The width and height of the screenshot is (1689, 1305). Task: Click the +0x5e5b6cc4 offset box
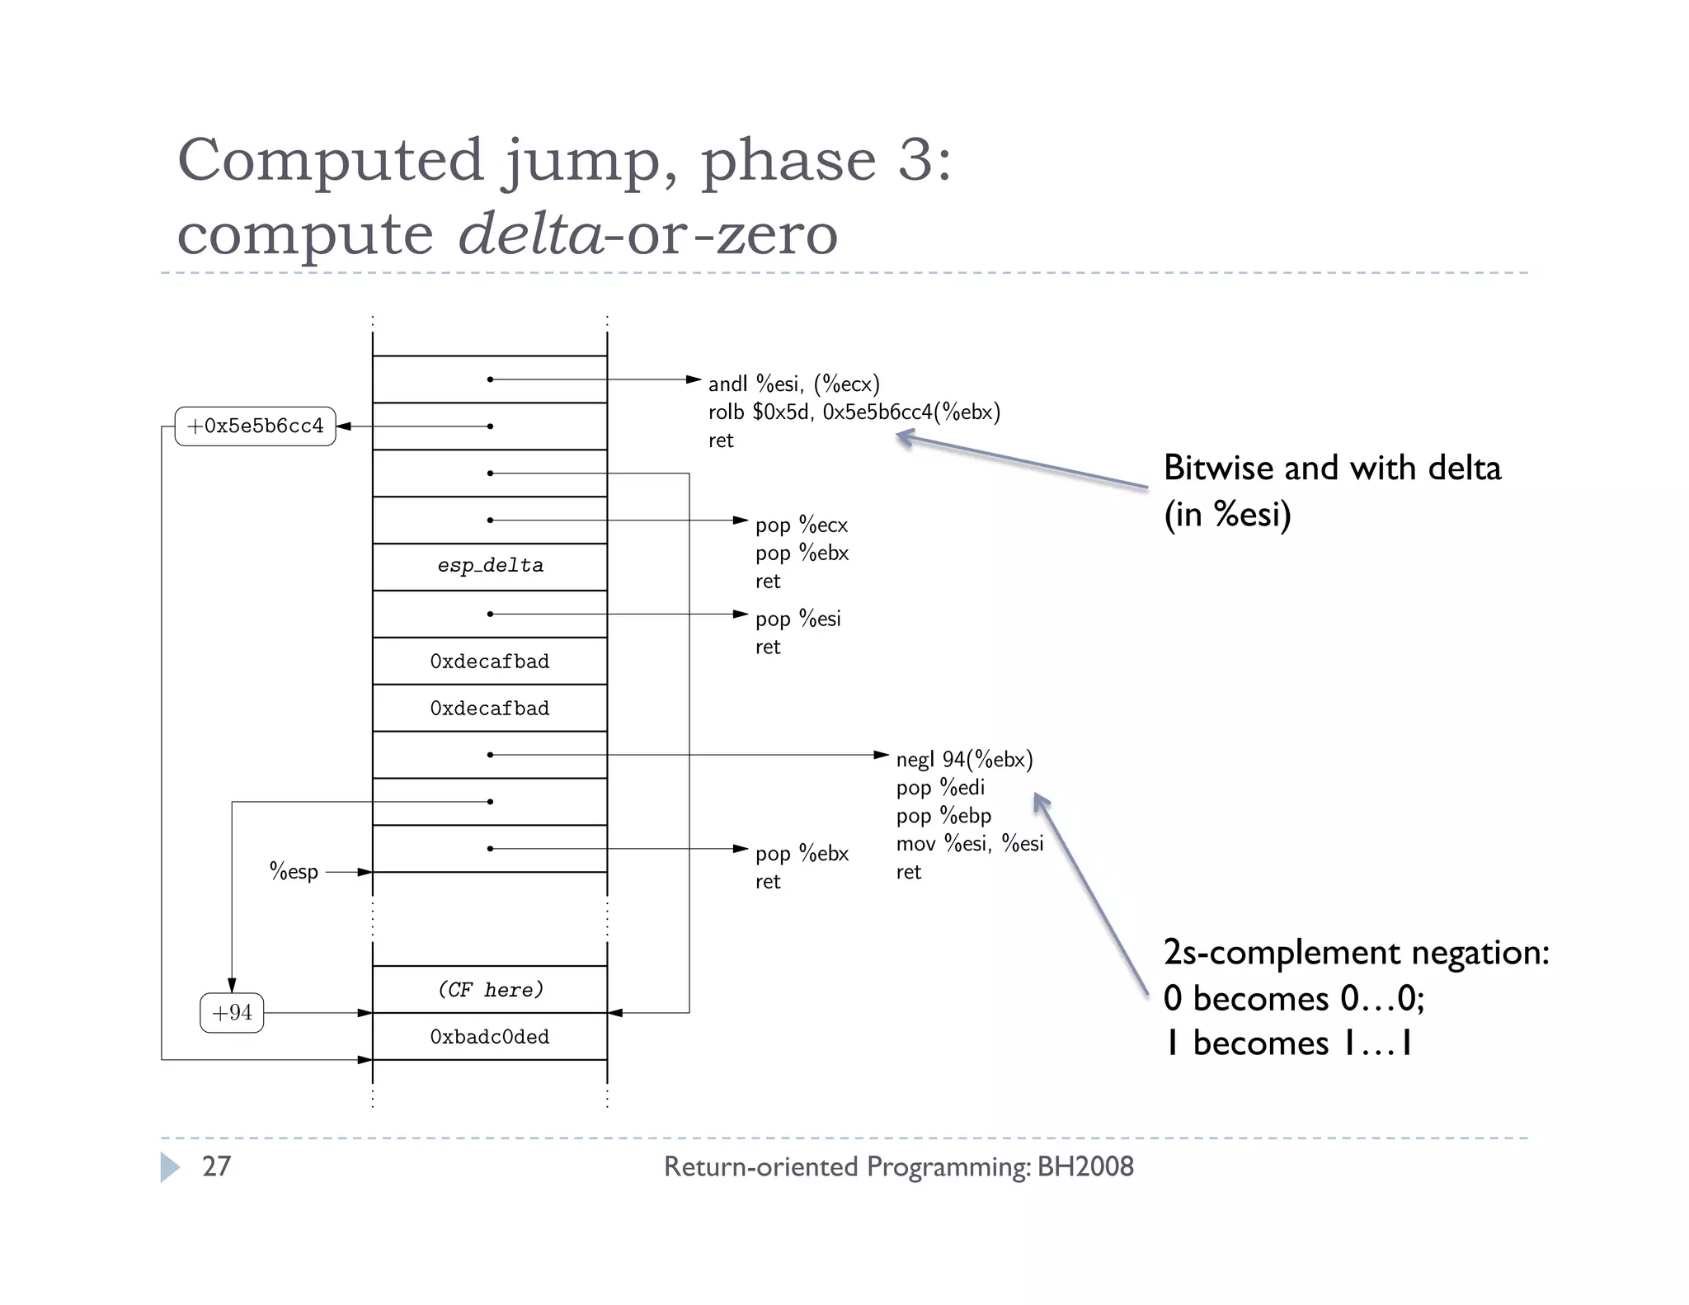tap(255, 426)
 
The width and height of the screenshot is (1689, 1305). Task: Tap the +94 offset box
tap(232, 1013)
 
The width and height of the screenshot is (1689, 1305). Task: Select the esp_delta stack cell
tap(490, 566)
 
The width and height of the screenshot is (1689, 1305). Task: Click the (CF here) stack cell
tap(490, 989)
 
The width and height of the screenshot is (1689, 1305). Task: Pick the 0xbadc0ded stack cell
tap(490, 1037)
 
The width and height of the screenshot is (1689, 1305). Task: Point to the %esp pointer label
tap(294, 872)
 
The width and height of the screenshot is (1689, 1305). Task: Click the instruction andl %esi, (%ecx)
tap(793, 384)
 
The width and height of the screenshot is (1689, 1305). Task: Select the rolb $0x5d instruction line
tap(854, 412)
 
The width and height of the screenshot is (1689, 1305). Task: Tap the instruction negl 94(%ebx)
tap(964, 760)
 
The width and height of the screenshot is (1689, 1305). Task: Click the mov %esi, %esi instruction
tap(970, 844)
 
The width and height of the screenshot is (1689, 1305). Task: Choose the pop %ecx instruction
tap(801, 525)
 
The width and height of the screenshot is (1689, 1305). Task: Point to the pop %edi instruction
tap(940, 788)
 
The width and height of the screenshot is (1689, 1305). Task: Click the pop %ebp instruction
tap(943, 816)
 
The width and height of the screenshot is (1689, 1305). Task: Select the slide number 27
tap(216, 1166)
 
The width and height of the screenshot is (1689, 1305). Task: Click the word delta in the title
tap(530, 234)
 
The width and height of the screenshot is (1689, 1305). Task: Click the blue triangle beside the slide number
tap(170, 1166)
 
